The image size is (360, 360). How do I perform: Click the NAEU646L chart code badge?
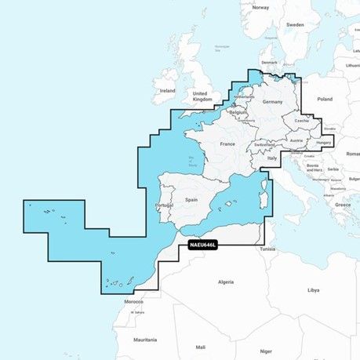pyautogui.click(x=203, y=245)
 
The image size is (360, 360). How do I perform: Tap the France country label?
pyautogui.click(x=227, y=144)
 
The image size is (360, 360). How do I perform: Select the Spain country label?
pyautogui.click(x=191, y=200)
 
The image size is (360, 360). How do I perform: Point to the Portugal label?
pyautogui.click(x=164, y=205)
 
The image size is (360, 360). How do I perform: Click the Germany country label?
pyautogui.click(x=272, y=103)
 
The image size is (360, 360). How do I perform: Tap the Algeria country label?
pyautogui.click(x=226, y=281)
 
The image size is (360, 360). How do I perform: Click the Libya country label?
pyautogui.click(x=314, y=289)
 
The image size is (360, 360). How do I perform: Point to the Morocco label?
pyautogui.click(x=133, y=302)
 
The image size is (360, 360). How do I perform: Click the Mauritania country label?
pyautogui.click(x=145, y=339)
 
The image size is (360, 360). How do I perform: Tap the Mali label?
pyautogui.click(x=201, y=346)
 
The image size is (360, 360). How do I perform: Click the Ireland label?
pyautogui.click(x=168, y=90)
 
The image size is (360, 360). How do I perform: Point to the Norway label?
pyautogui.click(x=260, y=7)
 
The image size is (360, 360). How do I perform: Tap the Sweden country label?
pyautogui.click(x=295, y=24)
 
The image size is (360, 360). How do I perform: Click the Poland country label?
pyautogui.click(x=324, y=100)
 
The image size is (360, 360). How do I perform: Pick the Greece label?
pyautogui.click(x=342, y=204)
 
